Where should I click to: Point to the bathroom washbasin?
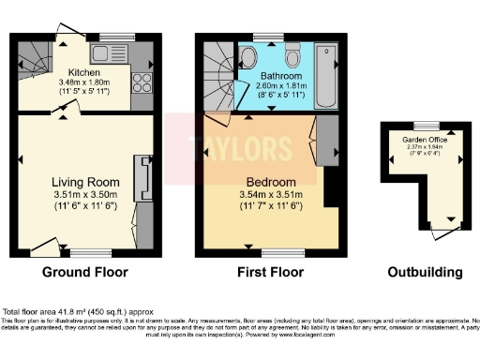pyautogui.click(x=249, y=57)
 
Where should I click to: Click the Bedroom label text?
pyautogui.click(x=271, y=182)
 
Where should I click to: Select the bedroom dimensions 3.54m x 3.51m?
pyautogui.click(x=271, y=196)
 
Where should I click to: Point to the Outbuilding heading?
pyautogui.click(x=425, y=273)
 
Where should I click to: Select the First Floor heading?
pyautogui.click(x=266, y=273)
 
